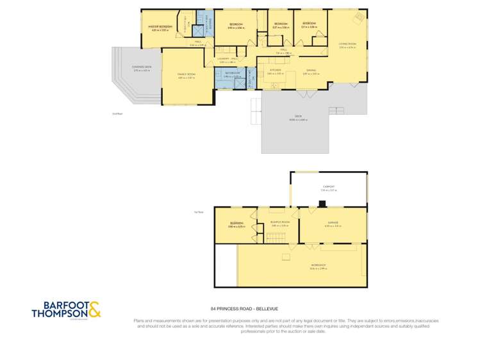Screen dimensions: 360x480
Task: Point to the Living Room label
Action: (x=347, y=44)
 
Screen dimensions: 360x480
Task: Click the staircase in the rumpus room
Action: (x=275, y=238)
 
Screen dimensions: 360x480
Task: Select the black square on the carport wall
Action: (x=322, y=205)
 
